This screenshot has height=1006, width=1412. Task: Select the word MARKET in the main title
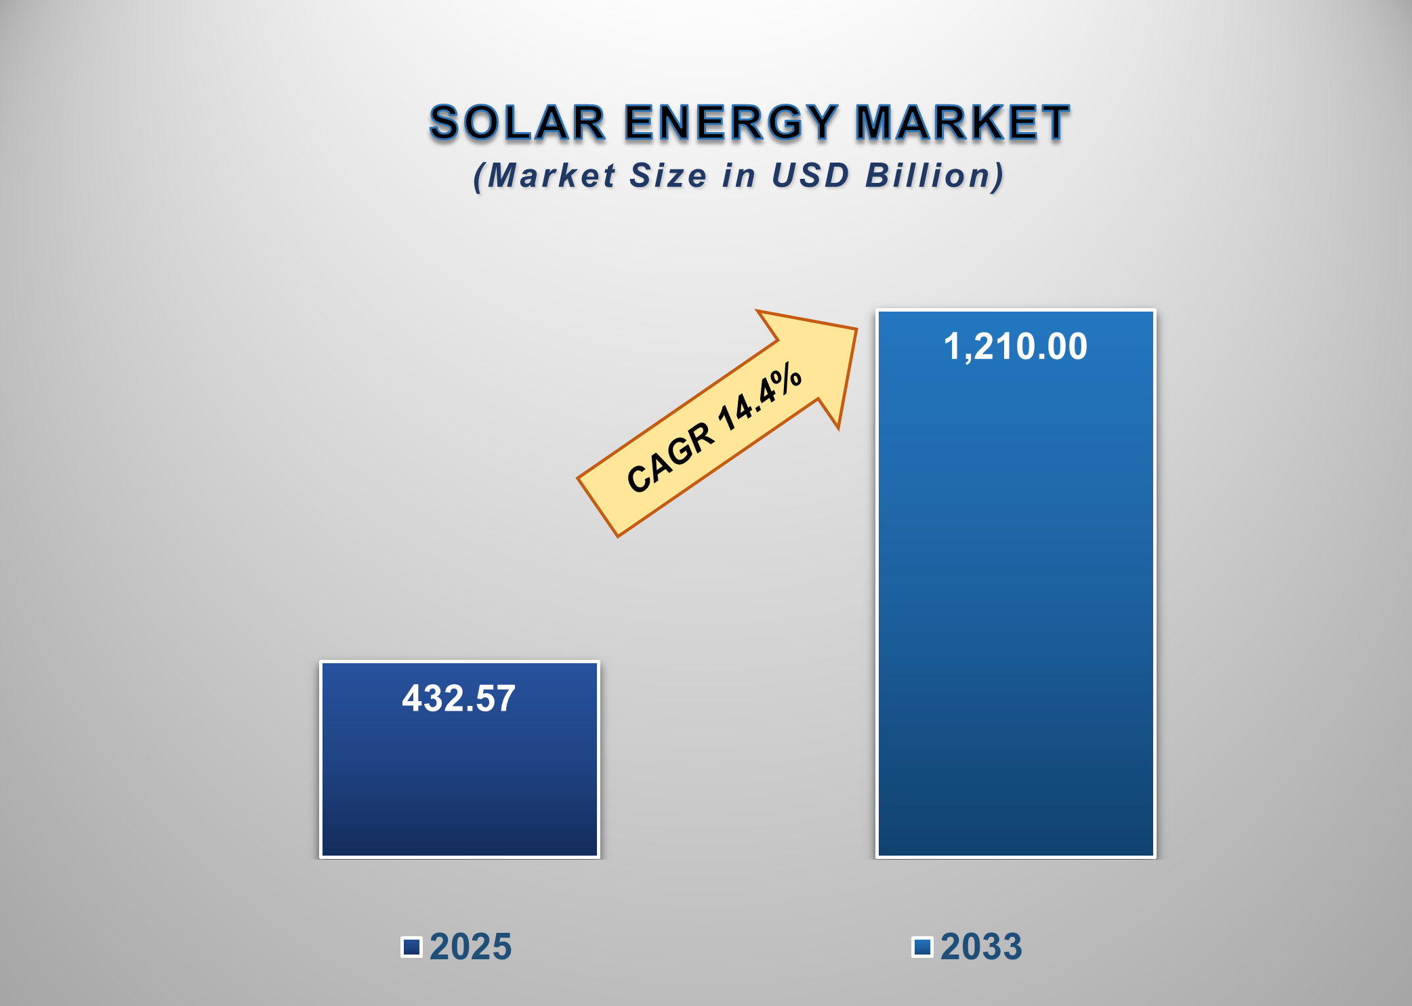[962, 123]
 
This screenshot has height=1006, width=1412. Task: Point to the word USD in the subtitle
[810, 175]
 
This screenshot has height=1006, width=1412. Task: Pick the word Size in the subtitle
[668, 175]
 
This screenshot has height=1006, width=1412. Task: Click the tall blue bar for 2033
[1015, 610]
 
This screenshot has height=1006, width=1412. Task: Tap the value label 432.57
[459, 698]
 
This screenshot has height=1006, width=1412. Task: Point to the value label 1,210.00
[1015, 346]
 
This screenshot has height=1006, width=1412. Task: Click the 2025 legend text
[470, 946]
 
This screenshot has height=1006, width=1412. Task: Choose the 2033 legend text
[980, 946]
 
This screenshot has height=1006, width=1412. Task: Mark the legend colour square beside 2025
[411, 946]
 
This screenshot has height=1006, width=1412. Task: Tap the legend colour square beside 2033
[922, 946]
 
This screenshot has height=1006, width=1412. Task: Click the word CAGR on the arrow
[670, 457]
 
